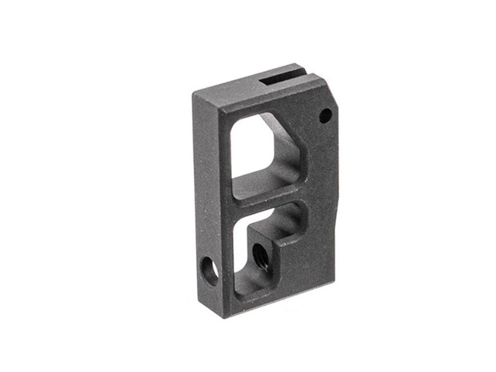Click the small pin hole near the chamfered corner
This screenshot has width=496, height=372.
coord(323,114)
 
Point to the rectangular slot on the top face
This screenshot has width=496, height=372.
coord(278,79)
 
